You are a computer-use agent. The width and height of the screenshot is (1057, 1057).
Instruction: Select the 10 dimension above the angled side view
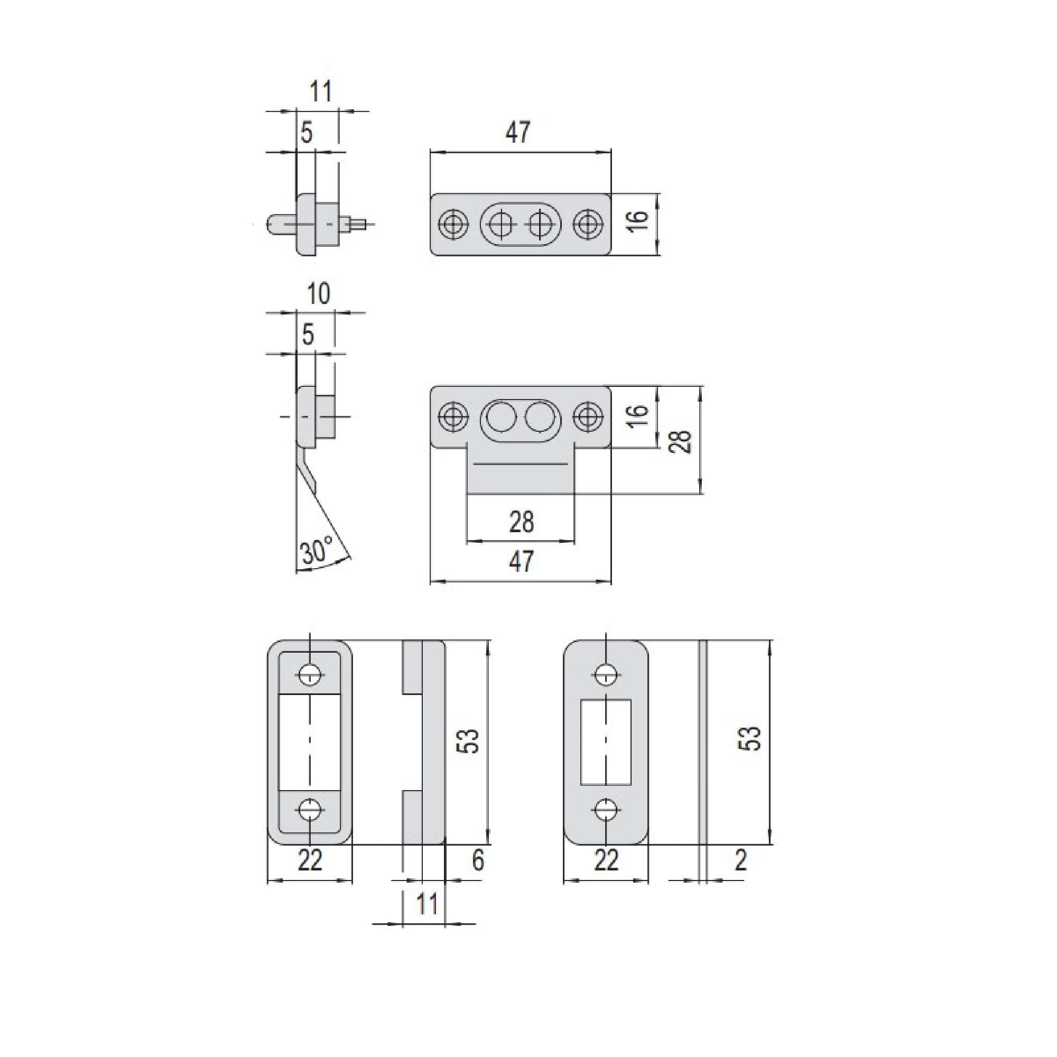tap(318, 294)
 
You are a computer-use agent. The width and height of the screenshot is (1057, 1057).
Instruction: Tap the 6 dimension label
tap(478, 860)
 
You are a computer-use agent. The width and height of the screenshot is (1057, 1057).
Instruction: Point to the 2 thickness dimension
tap(740, 860)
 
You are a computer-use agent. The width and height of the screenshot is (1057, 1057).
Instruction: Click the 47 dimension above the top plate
tap(517, 133)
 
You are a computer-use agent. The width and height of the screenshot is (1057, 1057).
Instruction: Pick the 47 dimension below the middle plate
tap(521, 562)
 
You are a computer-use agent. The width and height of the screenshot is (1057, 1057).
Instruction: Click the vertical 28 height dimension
tap(681, 441)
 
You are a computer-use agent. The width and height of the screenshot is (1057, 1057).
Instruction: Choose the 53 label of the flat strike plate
tap(753, 738)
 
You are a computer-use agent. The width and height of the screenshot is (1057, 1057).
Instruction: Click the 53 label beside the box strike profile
tap(468, 741)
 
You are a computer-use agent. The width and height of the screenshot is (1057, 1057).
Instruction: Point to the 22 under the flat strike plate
tap(606, 860)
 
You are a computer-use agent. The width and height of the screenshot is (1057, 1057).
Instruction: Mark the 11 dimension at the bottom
tap(426, 904)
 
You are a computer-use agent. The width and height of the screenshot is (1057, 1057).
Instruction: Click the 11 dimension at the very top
tap(321, 91)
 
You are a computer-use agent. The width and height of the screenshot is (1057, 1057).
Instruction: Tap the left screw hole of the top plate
tap(453, 224)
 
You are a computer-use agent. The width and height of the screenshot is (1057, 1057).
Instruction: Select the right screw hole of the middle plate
tap(588, 417)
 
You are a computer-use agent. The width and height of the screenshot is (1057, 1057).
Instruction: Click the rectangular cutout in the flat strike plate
tap(606, 741)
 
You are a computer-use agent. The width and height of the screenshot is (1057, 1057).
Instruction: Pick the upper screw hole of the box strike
tap(310, 675)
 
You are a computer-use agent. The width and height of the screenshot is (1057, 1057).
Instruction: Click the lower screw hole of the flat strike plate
tap(606, 809)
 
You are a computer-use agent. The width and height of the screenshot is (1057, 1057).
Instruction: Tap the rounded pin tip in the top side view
tap(274, 224)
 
